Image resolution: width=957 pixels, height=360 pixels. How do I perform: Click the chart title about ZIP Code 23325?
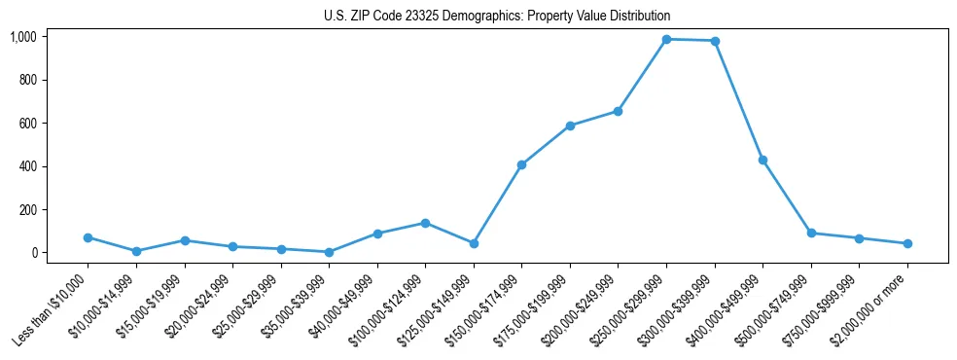[x=497, y=17]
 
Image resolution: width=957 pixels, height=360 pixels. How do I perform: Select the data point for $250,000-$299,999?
[x=666, y=39]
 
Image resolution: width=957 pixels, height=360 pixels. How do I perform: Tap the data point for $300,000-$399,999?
[x=715, y=41]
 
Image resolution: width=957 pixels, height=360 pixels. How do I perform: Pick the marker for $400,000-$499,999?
[x=763, y=160]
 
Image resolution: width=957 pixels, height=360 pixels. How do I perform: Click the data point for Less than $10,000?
[x=88, y=237]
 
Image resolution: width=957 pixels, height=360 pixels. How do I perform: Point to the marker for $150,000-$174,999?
[x=522, y=164]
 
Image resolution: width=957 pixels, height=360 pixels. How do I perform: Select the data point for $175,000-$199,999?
[x=570, y=126]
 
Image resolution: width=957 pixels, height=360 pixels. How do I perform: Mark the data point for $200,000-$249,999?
[x=619, y=111]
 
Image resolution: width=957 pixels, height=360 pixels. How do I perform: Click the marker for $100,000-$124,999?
[x=425, y=223]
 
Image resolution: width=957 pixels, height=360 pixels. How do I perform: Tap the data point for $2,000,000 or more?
[x=907, y=243]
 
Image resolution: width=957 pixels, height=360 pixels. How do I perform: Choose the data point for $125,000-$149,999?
[x=474, y=243]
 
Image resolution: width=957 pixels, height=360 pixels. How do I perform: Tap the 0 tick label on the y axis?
[x=34, y=253]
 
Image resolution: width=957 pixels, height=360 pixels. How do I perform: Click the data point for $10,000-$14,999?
[x=136, y=251]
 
